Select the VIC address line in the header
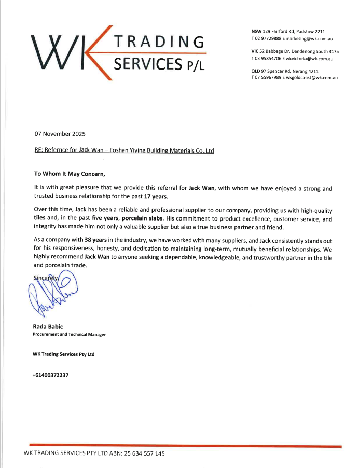click(x=295, y=51)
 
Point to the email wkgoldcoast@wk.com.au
click(x=311, y=78)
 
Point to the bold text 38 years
click(x=95, y=241)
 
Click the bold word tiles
click(x=41, y=218)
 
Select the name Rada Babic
click(x=48, y=326)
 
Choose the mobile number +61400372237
click(x=50, y=375)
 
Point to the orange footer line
click(x=185, y=445)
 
